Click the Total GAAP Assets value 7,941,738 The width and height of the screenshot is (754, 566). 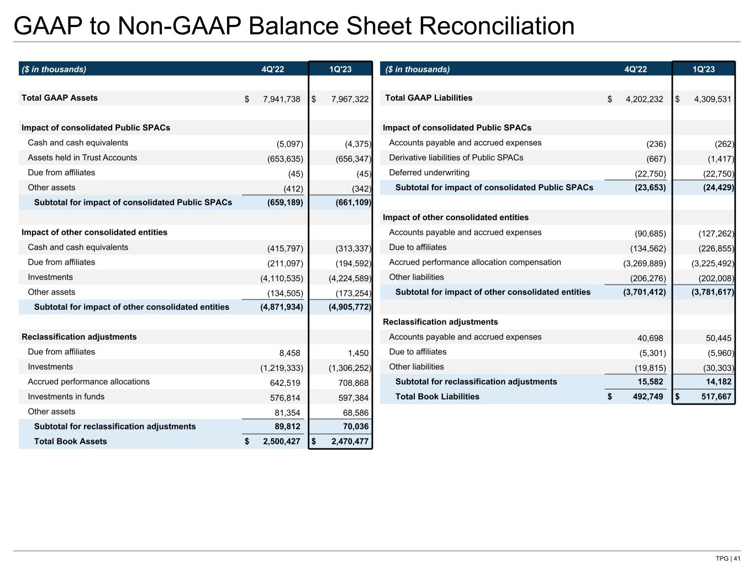pyautogui.click(x=281, y=99)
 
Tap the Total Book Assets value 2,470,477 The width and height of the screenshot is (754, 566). pyautogui.click(x=350, y=442)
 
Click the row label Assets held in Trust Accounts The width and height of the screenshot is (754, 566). pyautogui.click(x=82, y=158)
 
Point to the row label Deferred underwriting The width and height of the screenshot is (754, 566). pyautogui.click(x=429, y=173)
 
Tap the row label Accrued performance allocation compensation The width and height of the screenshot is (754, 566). pyautogui.click(x=475, y=263)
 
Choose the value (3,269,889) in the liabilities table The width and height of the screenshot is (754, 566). pyautogui.click(x=645, y=264)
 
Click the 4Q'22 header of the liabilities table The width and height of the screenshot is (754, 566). pyautogui.click(x=635, y=70)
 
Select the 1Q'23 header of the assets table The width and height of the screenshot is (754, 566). pyautogui.click(x=340, y=70)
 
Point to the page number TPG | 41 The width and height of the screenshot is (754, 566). pyautogui.click(x=727, y=558)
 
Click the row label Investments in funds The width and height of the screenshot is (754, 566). pyautogui.click(x=66, y=397)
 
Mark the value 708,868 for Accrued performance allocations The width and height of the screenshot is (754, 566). pyautogui.click(x=353, y=383)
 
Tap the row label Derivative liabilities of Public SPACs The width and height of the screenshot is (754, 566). pyautogui.click(x=456, y=158)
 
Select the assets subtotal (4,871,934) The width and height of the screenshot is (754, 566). pyautogui.click(x=281, y=307)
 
